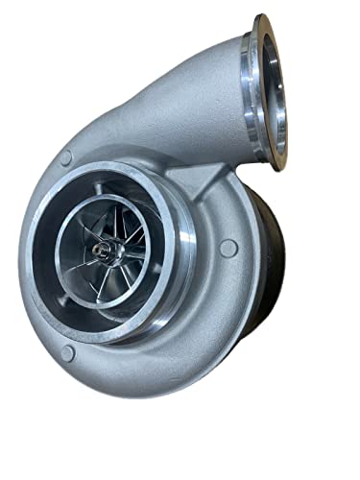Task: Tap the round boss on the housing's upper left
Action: point(65,157)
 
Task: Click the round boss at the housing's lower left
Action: point(66,353)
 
